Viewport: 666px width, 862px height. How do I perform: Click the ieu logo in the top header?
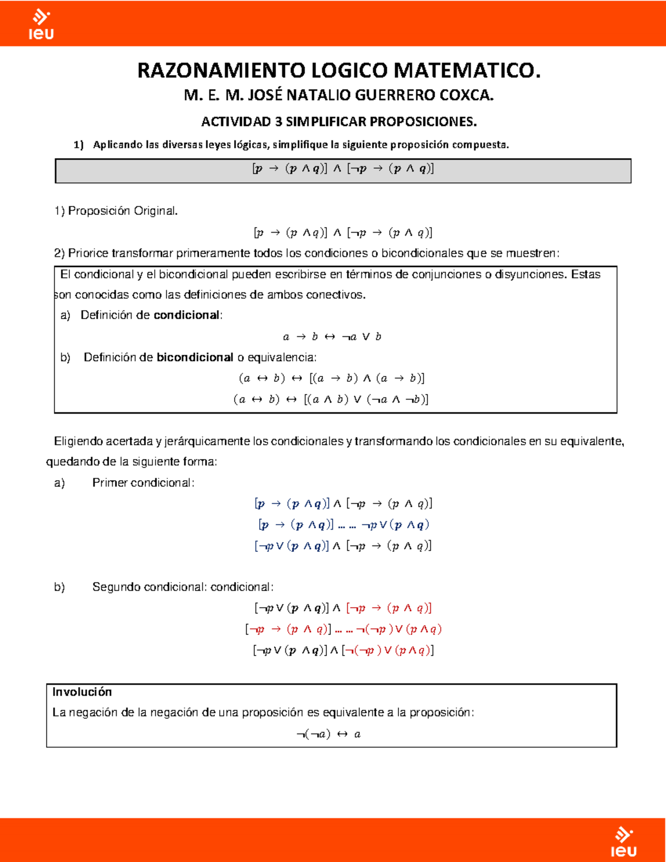(41, 25)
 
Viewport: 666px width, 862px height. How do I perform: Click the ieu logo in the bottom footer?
(623, 842)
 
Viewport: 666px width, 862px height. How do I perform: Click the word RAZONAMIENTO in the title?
(221, 71)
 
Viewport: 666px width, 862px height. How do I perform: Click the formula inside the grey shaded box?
(342, 169)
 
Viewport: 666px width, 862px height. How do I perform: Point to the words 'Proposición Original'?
(122, 211)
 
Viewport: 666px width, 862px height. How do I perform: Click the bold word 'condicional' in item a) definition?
(186, 315)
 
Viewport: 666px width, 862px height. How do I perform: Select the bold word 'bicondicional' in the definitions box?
(194, 357)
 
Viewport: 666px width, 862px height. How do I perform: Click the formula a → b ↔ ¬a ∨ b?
(332, 337)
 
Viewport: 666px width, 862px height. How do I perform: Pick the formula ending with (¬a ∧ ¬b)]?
(331, 400)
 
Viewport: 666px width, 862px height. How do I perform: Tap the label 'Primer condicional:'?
(143, 483)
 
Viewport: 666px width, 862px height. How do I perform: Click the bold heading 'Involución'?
(82, 692)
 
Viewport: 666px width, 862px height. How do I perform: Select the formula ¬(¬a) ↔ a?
(329, 734)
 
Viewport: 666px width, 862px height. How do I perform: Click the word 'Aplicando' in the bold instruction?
(118, 145)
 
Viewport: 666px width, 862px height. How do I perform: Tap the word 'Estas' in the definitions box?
(586, 274)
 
